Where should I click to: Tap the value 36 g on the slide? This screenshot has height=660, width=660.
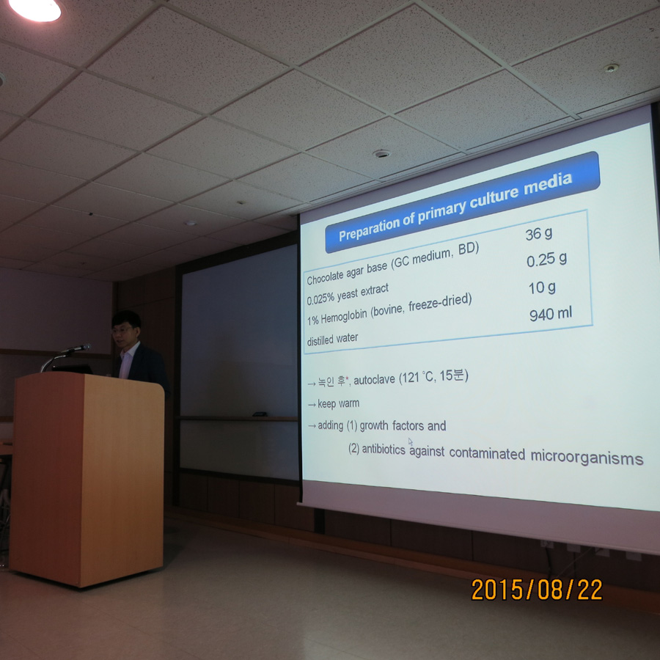coord(539,234)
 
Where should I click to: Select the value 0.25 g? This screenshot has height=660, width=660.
coord(546,260)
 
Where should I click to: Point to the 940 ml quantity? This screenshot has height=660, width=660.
coord(551,314)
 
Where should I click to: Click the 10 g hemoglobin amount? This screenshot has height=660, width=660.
coord(542,288)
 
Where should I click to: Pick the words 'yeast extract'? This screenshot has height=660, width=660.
coord(362,293)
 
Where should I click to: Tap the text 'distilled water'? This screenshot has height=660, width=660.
coord(332,340)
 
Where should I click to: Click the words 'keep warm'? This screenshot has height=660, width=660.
coord(338,403)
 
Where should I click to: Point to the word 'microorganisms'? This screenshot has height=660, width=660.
coord(587,458)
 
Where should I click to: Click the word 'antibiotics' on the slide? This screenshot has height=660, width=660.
coord(384,449)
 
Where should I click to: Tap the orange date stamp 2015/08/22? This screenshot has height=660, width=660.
coord(537,590)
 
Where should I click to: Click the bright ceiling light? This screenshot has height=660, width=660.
coord(36,10)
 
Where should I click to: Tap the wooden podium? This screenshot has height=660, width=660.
coord(87,479)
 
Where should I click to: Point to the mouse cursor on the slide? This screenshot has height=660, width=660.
coord(411,441)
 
